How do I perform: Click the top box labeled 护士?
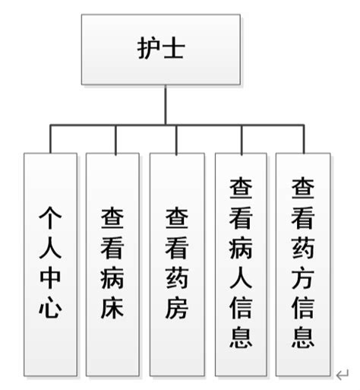161,49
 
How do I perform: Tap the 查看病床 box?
112,265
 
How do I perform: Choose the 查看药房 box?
177,265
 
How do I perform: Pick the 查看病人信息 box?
242,265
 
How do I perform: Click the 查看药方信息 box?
303,265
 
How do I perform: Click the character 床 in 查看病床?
112,309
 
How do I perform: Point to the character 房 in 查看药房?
177,309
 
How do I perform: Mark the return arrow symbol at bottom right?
342,373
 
